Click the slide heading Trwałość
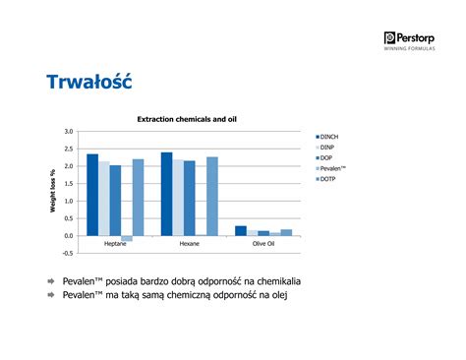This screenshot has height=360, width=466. click(x=88, y=83)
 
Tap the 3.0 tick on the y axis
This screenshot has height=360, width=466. click(x=68, y=131)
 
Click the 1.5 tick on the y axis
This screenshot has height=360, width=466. click(x=68, y=184)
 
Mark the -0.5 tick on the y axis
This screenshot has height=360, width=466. click(x=67, y=254)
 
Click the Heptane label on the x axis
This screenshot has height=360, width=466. click(x=115, y=243)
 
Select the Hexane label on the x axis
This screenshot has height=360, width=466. click(x=190, y=243)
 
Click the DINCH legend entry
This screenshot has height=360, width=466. click(x=329, y=136)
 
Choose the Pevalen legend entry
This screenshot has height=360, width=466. click(x=331, y=168)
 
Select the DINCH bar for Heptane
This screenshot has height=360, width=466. click(x=92, y=195)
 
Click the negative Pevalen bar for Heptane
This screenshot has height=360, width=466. click(x=127, y=239)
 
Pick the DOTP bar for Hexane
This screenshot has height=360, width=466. click(x=212, y=197)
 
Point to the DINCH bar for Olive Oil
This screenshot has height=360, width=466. click(x=241, y=231)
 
